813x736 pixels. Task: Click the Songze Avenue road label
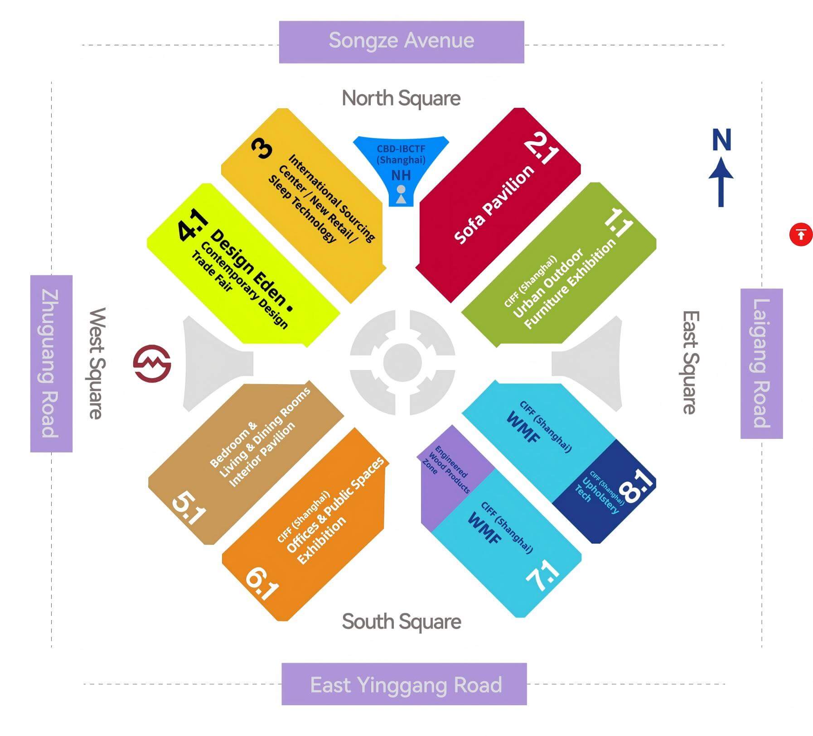pyautogui.click(x=402, y=41)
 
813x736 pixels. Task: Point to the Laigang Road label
pyautogui.click(x=762, y=363)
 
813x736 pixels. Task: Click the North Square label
pyautogui.click(x=401, y=98)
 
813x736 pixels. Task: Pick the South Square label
pyautogui.click(x=402, y=621)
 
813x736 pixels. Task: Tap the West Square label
pyautogui.click(x=97, y=363)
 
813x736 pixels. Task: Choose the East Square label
pyautogui.click(x=691, y=362)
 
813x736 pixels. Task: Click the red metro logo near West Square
pyautogui.click(x=152, y=364)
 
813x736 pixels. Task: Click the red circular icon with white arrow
pyautogui.click(x=801, y=235)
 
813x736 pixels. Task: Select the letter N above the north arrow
pyautogui.click(x=721, y=140)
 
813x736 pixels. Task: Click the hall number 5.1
pyautogui.click(x=189, y=508)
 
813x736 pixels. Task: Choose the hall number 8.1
pyautogui.click(x=637, y=486)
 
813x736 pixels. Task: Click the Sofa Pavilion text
pyautogui.click(x=494, y=205)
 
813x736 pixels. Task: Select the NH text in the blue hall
pyautogui.click(x=401, y=175)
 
